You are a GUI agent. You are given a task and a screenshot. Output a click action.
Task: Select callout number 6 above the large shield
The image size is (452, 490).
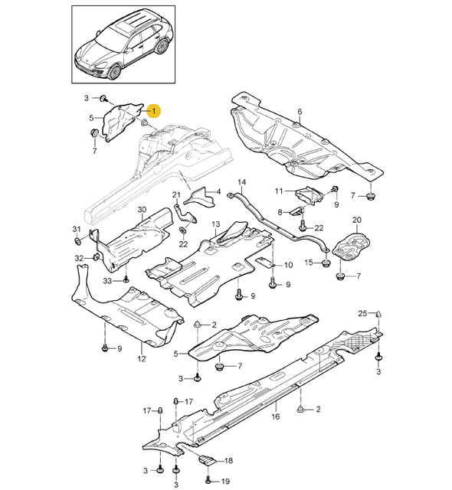pyautogui.click(x=300, y=113)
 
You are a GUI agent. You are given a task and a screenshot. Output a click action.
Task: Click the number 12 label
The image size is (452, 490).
pyautogui.click(x=141, y=358)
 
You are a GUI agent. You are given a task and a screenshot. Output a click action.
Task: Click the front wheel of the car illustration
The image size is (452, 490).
pyautogui.click(x=116, y=73)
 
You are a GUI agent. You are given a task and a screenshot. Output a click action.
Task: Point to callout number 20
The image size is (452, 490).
pyautogui.click(x=355, y=221)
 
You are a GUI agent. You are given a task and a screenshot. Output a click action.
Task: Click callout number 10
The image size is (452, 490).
pyautogui.click(x=288, y=265)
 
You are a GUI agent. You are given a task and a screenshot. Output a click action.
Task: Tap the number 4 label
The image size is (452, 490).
pyautogui.click(x=218, y=191)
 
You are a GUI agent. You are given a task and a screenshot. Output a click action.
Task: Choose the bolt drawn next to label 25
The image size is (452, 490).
pyautogui.click(x=378, y=315)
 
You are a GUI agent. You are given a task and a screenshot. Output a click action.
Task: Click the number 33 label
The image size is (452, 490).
pyautogui.click(x=108, y=281)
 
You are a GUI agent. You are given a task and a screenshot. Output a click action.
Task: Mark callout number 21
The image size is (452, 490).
pyautogui.click(x=175, y=194)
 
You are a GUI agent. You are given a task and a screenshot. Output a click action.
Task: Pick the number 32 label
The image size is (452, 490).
pyautogui.click(x=79, y=259)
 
